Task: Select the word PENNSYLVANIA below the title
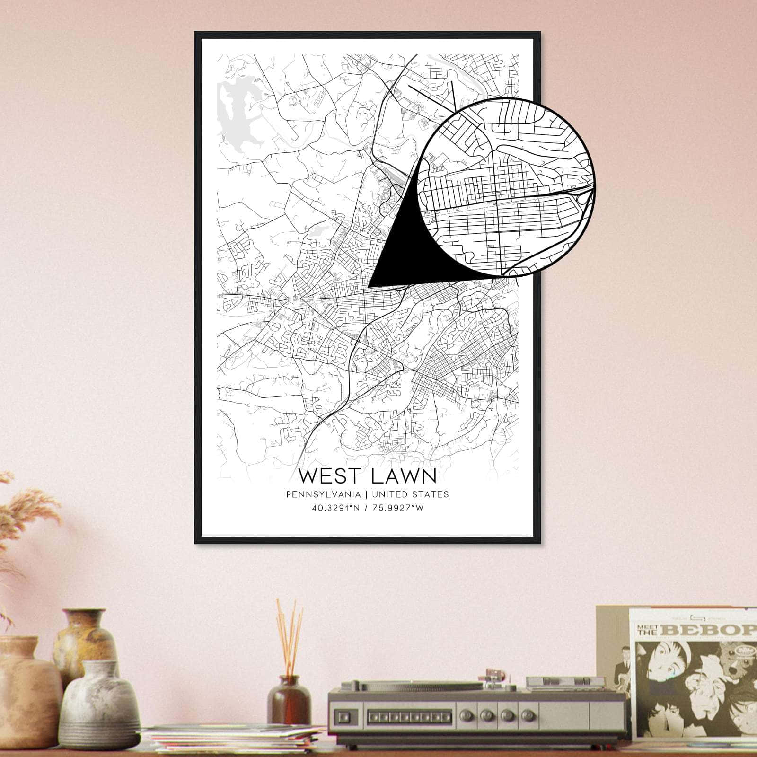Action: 323,494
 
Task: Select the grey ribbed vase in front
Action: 97,705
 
